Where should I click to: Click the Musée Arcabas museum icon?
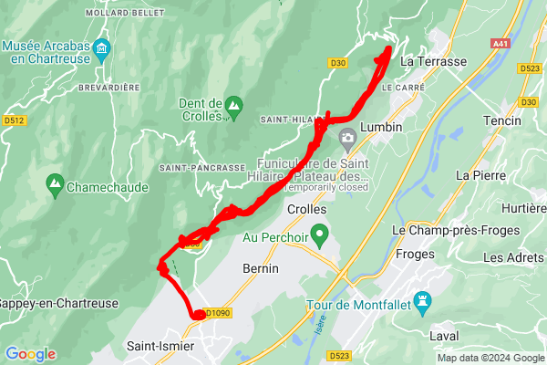[x=101, y=47]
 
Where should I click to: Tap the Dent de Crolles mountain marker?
[x=233, y=106]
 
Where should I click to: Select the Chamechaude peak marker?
[x=55, y=185]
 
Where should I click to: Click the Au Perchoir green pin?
[x=319, y=237]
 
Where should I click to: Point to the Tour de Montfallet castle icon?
[x=422, y=301]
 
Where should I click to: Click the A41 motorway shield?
[x=501, y=43]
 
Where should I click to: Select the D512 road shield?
[x=14, y=120]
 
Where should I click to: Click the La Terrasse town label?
[x=433, y=61]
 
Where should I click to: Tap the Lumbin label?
[x=381, y=127]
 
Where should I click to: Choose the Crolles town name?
[x=306, y=209]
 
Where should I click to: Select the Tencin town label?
[x=503, y=121]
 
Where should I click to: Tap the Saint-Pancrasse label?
[x=202, y=168]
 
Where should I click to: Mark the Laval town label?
[x=443, y=336]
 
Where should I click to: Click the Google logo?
[x=30, y=354]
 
